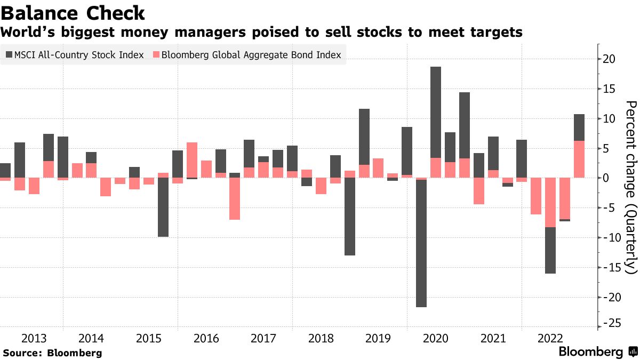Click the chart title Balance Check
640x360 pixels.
[x=73, y=13]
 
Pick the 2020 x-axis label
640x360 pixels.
[x=435, y=339]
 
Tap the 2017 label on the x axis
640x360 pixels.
[x=263, y=339]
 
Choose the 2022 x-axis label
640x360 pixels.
[x=550, y=339]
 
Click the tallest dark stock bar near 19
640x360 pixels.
[x=436, y=112]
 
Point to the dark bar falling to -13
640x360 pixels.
[x=350, y=216]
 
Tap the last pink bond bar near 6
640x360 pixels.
[x=579, y=159]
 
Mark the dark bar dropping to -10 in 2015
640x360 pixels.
[x=163, y=207]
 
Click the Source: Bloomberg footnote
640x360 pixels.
[x=52, y=353]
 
